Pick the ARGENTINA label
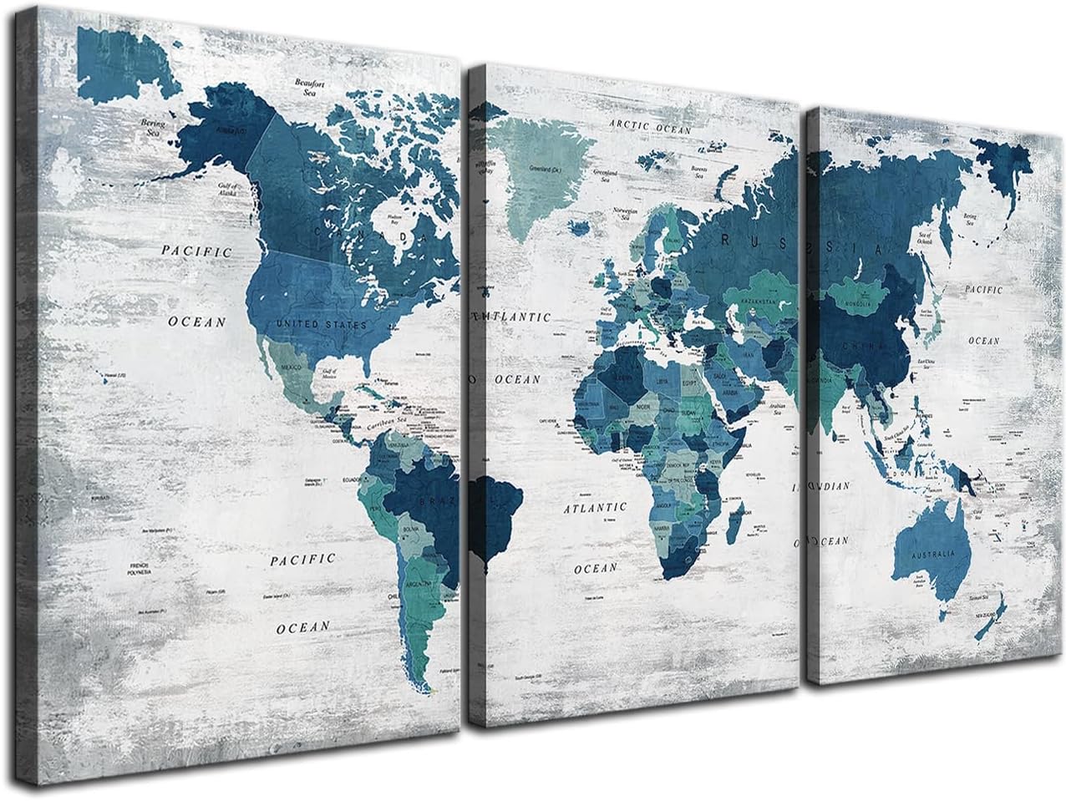click(418, 586)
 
